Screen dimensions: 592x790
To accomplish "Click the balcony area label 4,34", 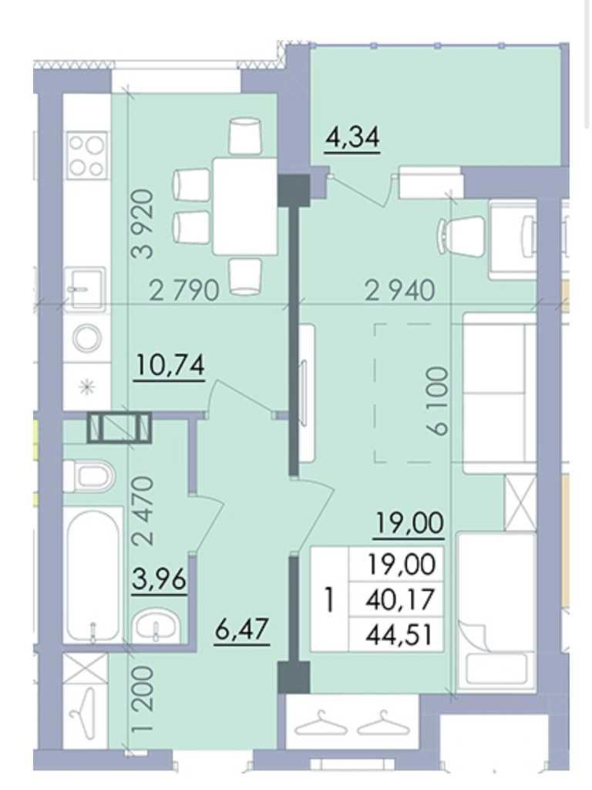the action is [x=352, y=137].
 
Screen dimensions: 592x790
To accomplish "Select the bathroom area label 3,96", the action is [x=159, y=580].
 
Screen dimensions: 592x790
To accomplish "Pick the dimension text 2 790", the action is [x=185, y=291].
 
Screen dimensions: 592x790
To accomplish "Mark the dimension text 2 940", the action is [x=400, y=291].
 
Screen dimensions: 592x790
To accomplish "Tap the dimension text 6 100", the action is [x=436, y=400].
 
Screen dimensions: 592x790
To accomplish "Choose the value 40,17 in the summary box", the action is [x=400, y=599].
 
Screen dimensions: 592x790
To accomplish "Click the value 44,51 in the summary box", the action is [x=400, y=636].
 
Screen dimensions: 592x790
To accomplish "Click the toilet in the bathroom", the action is [x=89, y=476].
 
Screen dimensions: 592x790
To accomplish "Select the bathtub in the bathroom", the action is [x=94, y=574].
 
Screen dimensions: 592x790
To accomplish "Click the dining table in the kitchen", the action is [x=245, y=206].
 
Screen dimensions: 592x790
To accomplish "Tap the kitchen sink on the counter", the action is [x=86, y=288].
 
